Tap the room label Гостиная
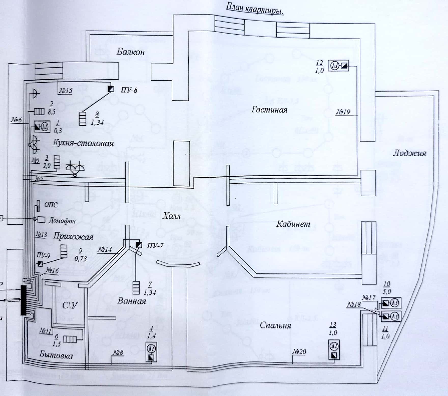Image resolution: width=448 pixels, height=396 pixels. [x=269, y=110]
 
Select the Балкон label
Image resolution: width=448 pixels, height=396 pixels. [x=131, y=52]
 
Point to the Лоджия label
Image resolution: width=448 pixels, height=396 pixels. [x=409, y=153]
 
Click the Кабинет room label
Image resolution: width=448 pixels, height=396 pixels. [x=293, y=224]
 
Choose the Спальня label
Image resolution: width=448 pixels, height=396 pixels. [x=275, y=325]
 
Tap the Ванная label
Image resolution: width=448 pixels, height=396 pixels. [x=132, y=301]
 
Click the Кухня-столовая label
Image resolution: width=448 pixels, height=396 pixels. [x=83, y=143]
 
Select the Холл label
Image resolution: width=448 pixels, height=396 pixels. [x=172, y=216]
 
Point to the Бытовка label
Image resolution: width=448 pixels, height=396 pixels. [x=56, y=355]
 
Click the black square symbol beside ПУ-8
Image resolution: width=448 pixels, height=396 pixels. [x=111, y=89]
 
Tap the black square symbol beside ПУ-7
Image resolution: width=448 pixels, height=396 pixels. [x=139, y=245]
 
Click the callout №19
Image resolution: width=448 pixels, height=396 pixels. [x=343, y=112]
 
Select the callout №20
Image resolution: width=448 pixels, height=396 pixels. [x=299, y=352]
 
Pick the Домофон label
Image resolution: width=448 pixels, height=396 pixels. [x=62, y=221]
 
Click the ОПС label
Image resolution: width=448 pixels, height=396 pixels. [x=51, y=205]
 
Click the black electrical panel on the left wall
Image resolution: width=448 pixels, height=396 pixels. [x=23, y=300]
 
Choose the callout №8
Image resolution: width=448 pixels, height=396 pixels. [x=118, y=352]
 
